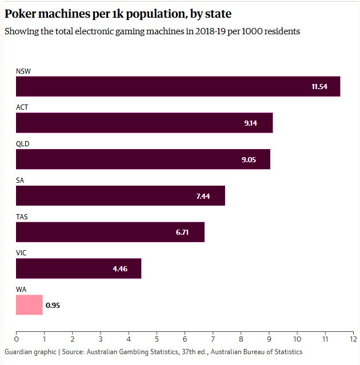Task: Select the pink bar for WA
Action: tap(29, 305)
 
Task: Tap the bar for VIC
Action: tap(78, 268)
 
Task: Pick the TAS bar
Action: tap(110, 232)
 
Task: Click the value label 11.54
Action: tap(320, 86)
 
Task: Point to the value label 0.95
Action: tap(53, 305)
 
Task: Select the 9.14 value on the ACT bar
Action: tap(250, 123)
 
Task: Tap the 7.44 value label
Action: tap(203, 196)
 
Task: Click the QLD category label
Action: tap(22, 144)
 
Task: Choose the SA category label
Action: tap(20, 181)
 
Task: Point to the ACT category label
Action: tap(22, 107)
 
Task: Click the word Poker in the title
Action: tap(22, 12)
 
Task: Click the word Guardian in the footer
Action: tap(19, 352)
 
